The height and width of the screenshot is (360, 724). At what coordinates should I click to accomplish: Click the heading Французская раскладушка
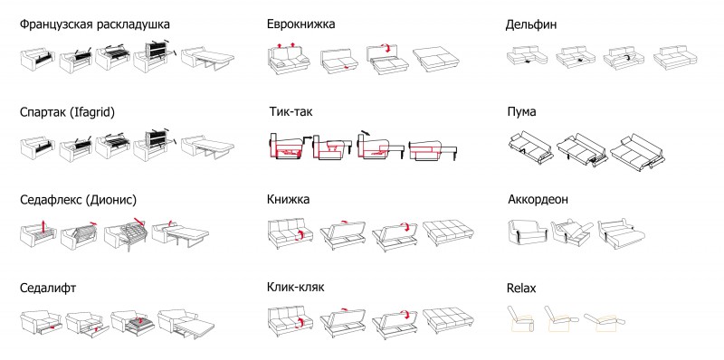(x=95, y=24)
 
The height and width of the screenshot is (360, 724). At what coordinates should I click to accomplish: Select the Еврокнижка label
(x=300, y=24)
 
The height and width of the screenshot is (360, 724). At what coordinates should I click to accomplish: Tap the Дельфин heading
(x=531, y=25)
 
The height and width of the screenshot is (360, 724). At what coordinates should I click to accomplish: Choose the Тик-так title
(x=291, y=111)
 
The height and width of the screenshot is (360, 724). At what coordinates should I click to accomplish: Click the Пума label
(x=521, y=112)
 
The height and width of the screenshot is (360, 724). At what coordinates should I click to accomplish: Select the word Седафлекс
(x=52, y=201)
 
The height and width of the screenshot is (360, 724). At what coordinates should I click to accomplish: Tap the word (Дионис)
(x=111, y=201)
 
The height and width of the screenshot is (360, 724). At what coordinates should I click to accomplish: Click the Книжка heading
(x=288, y=199)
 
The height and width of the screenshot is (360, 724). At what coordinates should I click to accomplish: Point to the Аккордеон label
(x=538, y=200)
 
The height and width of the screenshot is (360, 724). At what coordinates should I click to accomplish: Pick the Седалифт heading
(x=48, y=289)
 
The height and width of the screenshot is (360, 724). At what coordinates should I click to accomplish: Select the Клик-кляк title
(x=296, y=287)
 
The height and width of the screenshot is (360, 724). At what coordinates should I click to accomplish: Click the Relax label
(x=521, y=289)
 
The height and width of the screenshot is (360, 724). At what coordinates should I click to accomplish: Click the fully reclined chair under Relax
(x=604, y=321)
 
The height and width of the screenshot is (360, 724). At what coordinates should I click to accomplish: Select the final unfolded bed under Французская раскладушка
(x=208, y=59)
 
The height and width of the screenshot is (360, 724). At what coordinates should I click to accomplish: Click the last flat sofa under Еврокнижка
(x=436, y=58)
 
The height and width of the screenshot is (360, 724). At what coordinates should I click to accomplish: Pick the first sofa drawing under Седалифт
(x=42, y=323)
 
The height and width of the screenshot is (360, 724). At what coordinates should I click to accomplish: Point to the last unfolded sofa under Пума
(x=637, y=152)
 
